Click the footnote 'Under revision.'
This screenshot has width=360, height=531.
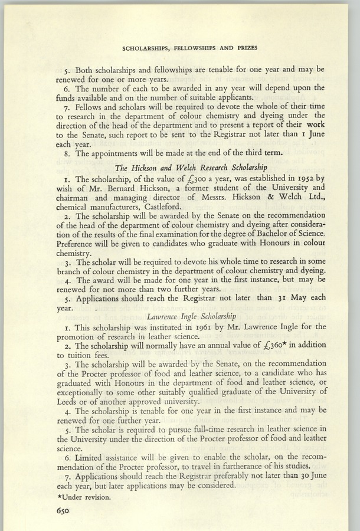point(75,497)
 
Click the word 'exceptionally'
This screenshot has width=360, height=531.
point(84,391)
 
